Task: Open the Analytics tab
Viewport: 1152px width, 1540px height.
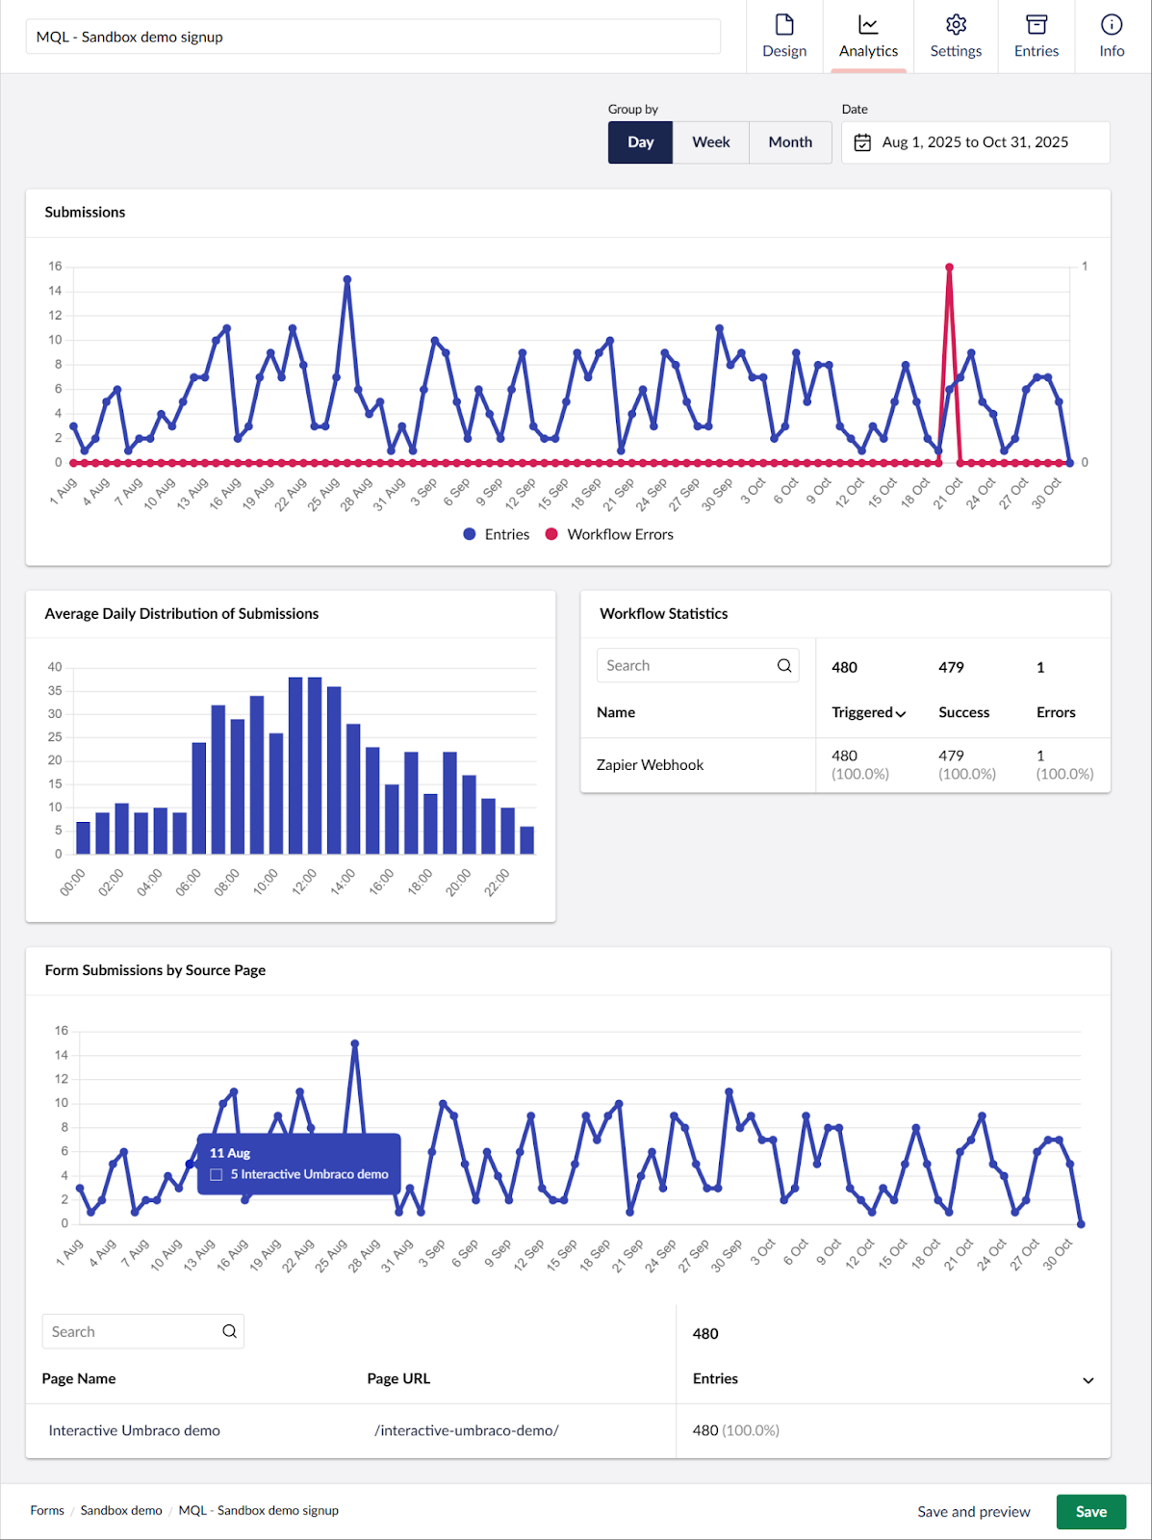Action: pyautogui.click(x=868, y=37)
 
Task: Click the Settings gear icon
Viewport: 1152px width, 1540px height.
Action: pyautogui.click(x=956, y=25)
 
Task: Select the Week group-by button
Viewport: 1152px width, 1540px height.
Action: pyautogui.click(x=710, y=142)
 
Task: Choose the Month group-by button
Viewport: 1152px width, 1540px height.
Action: pyautogui.click(x=790, y=142)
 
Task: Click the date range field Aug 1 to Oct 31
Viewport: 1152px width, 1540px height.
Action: pyautogui.click(x=974, y=142)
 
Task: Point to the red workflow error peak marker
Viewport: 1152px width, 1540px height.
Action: pyautogui.click(x=949, y=268)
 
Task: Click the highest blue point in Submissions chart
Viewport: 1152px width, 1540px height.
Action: pyautogui.click(x=347, y=280)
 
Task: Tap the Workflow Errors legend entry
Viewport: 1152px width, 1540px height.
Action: pyautogui.click(x=609, y=534)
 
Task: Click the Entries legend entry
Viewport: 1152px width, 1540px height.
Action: pyautogui.click(x=496, y=534)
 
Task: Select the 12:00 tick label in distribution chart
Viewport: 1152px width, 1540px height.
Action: pyautogui.click(x=303, y=882)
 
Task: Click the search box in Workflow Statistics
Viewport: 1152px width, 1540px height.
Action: pyautogui.click(x=688, y=665)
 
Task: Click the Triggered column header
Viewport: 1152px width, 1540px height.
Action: pyautogui.click(x=867, y=712)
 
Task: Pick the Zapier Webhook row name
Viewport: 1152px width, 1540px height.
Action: pyautogui.click(x=650, y=764)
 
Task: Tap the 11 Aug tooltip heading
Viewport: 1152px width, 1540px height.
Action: pyautogui.click(x=230, y=1153)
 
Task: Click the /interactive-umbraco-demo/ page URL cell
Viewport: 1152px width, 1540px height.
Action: pyautogui.click(x=466, y=1430)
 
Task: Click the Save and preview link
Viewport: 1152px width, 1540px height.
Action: pyautogui.click(x=973, y=1511)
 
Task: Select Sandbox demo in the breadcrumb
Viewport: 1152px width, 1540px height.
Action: pyautogui.click(x=121, y=1510)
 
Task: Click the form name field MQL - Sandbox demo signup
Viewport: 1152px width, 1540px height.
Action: pyautogui.click(x=372, y=37)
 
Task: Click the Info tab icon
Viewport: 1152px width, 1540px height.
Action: pyautogui.click(x=1112, y=25)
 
